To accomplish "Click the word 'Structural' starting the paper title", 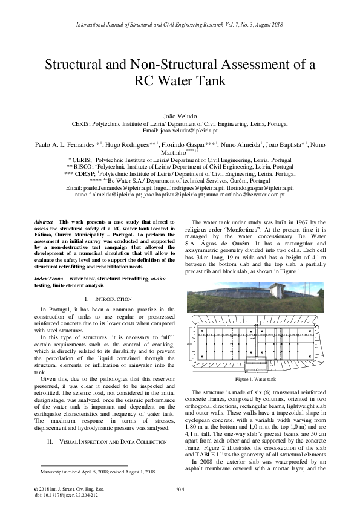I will tap(77, 65).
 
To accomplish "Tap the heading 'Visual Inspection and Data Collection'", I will tap(107, 442).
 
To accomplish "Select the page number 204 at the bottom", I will tap(180, 488).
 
